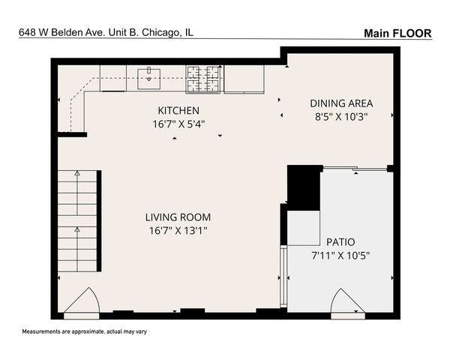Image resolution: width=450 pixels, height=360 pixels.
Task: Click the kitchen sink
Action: [150, 73]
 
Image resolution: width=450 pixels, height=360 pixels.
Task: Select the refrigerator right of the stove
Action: [244, 78]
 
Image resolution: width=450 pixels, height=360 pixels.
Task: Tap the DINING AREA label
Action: [341, 103]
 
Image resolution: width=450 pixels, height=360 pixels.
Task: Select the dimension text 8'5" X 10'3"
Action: [341, 116]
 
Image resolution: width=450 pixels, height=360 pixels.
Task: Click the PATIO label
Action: [340, 241]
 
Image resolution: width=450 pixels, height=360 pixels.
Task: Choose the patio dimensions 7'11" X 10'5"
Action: [340, 255]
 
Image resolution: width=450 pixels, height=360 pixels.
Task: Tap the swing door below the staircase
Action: [80, 301]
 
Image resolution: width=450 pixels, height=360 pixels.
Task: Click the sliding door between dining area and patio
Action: [353, 169]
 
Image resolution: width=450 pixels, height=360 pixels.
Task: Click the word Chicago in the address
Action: [163, 32]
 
